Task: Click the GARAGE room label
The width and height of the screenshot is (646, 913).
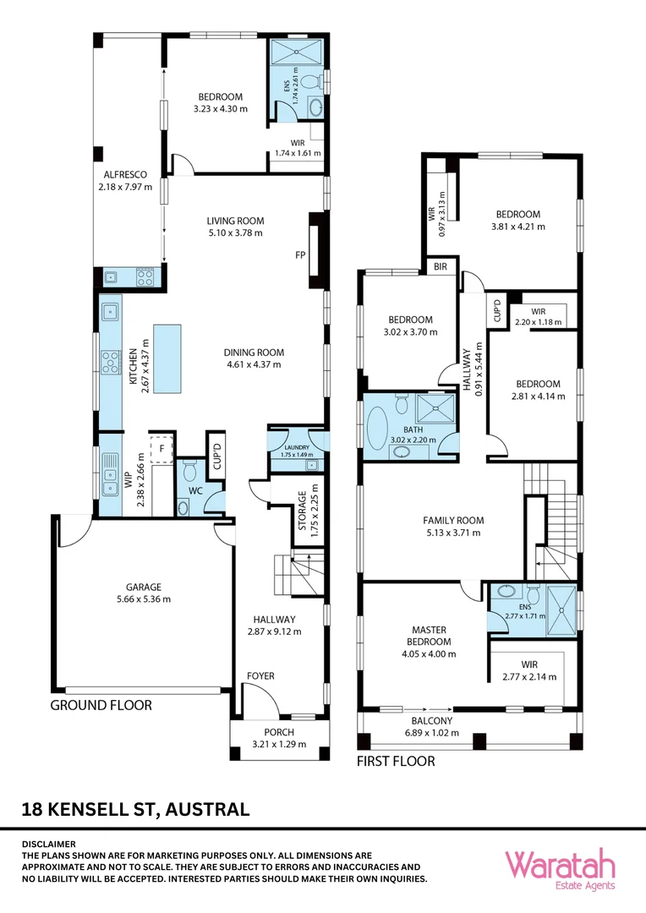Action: click(x=145, y=587)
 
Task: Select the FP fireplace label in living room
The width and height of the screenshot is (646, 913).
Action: click(x=299, y=254)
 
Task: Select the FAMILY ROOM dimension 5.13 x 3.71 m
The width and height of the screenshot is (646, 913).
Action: click(x=453, y=533)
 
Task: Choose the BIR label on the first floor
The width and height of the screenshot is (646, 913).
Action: click(x=440, y=266)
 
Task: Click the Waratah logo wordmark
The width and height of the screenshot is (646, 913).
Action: click(x=560, y=866)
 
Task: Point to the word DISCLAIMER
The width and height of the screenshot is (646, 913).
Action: click(x=48, y=844)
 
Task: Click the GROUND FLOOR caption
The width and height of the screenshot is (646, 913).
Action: click(x=101, y=704)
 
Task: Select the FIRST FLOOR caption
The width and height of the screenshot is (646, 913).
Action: click(x=395, y=761)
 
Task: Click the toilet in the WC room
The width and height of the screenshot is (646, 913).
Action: click(x=189, y=467)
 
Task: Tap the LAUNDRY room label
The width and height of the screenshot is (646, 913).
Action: click(x=296, y=447)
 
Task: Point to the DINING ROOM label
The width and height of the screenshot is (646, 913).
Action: click(x=254, y=353)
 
